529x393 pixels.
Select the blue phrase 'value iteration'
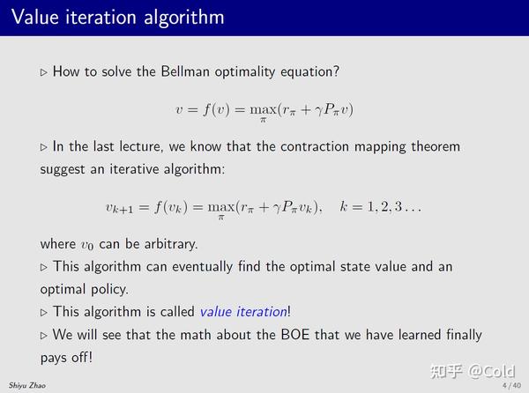(243, 311)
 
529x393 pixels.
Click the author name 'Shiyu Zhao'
(26, 386)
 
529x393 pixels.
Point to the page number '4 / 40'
(510, 386)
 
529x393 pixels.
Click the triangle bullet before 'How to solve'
(44, 72)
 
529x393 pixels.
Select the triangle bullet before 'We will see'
(44, 336)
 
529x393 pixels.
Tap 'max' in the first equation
(263, 109)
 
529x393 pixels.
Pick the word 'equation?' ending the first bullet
(309, 71)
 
